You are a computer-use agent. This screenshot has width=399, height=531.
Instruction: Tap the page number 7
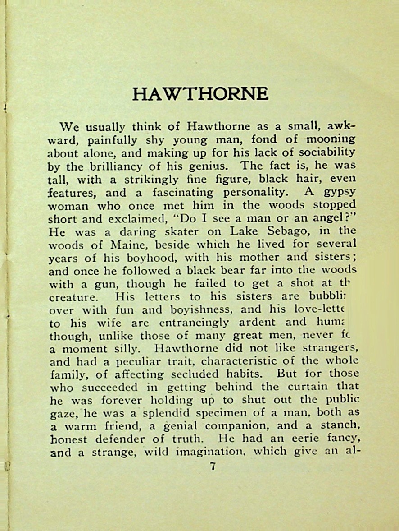coord(213,466)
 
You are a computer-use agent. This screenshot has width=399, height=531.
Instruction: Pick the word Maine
coord(124,245)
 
